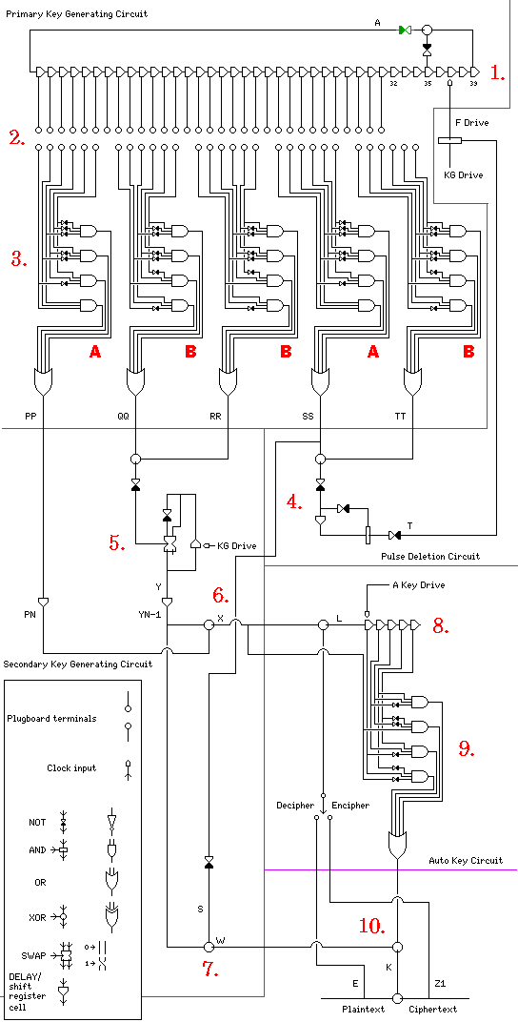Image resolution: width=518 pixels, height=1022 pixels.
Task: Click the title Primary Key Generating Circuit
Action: click(76, 13)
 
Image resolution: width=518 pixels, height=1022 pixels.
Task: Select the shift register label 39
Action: click(474, 84)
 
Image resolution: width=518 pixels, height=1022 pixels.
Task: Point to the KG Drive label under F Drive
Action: click(464, 174)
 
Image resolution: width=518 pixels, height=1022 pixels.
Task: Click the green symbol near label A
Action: click(406, 30)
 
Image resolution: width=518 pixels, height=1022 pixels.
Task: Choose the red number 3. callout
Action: click(20, 258)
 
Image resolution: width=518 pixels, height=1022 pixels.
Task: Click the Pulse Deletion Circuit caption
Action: click(430, 556)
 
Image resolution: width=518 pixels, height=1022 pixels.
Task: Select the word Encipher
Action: click(350, 805)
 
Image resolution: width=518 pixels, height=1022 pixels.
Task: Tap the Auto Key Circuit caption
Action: click(466, 860)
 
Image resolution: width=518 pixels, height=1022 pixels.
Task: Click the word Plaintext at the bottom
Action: click(363, 1009)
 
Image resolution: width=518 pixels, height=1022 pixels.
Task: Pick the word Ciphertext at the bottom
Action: click(432, 1009)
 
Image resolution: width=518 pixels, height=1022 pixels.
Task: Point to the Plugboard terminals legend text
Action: click(51, 718)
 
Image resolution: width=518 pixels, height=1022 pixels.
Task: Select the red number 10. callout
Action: click(374, 924)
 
